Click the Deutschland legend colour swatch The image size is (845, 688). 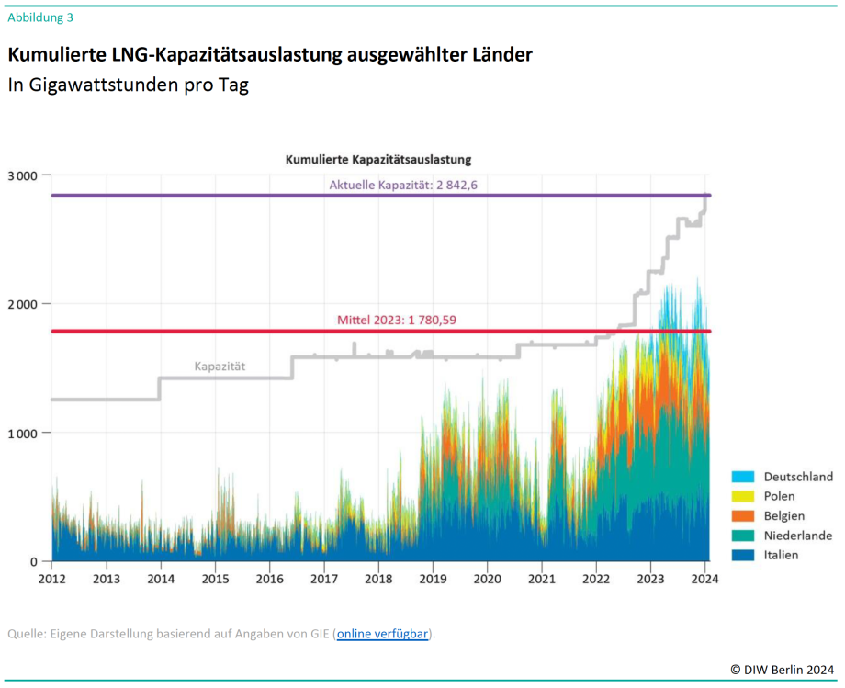tap(742, 476)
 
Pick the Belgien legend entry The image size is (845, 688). tap(783, 515)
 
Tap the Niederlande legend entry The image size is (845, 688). tap(797, 536)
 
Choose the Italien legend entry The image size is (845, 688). tap(781, 555)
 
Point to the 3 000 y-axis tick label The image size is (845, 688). tap(21, 175)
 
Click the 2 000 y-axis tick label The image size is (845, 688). tap(21, 304)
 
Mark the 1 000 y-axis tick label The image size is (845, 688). tap(21, 433)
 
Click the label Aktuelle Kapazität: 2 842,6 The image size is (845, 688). tap(403, 185)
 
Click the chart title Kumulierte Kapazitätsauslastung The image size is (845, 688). tap(378, 159)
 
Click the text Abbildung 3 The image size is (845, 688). tap(40, 17)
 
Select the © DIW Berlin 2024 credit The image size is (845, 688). tap(783, 670)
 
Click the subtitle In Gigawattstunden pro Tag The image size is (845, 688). tap(129, 85)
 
